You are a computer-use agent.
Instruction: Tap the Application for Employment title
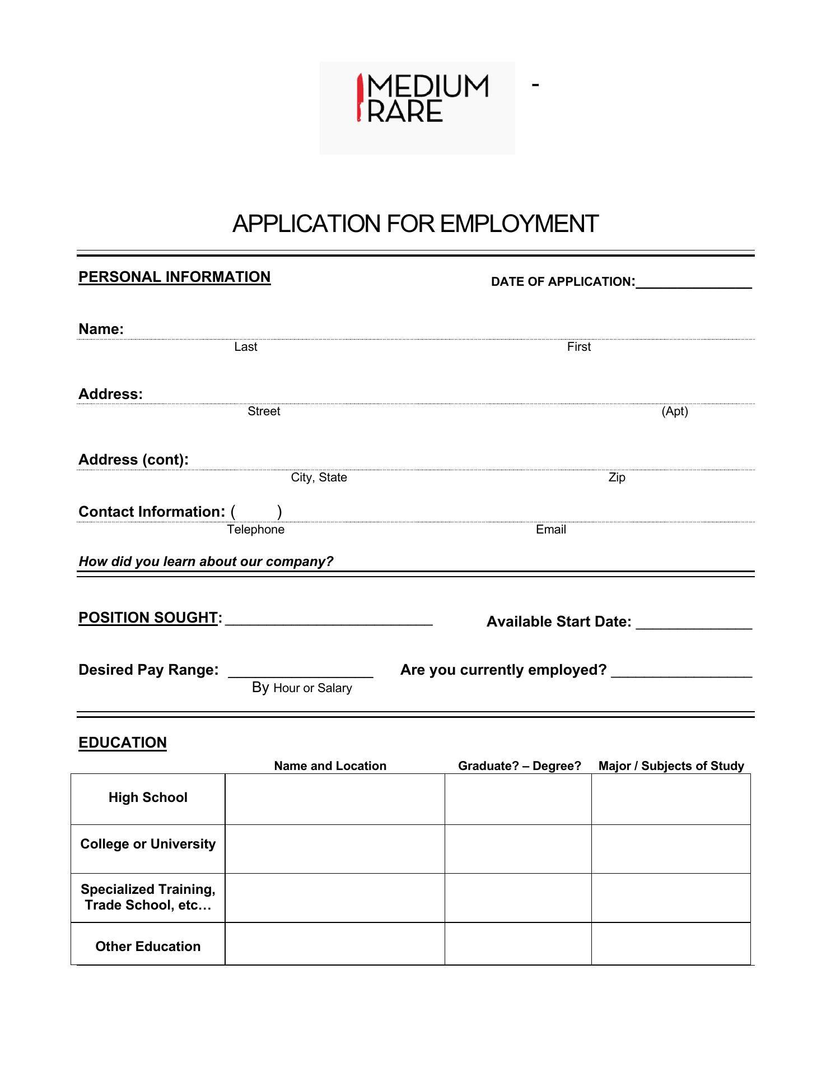click(415, 224)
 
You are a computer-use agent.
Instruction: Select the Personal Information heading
click(174, 277)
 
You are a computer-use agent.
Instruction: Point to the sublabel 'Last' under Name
click(245, 347)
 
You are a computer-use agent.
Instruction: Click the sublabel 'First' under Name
click(578, 347)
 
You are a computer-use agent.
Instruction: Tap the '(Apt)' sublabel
click(674, 411)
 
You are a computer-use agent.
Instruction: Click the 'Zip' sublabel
click(617, 477)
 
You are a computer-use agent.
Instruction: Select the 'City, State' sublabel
click(319, 477)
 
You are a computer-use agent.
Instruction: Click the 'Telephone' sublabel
click(255, 530)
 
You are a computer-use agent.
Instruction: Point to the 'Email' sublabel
click(550, 530)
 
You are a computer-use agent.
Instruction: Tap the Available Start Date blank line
click(694, 625)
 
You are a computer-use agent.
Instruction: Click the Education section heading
click(123, 743)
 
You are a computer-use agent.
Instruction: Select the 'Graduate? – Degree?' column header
click(519, 766)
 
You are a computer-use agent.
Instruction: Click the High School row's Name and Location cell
click(335, 799)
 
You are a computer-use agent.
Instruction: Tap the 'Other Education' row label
click(148, 947)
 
